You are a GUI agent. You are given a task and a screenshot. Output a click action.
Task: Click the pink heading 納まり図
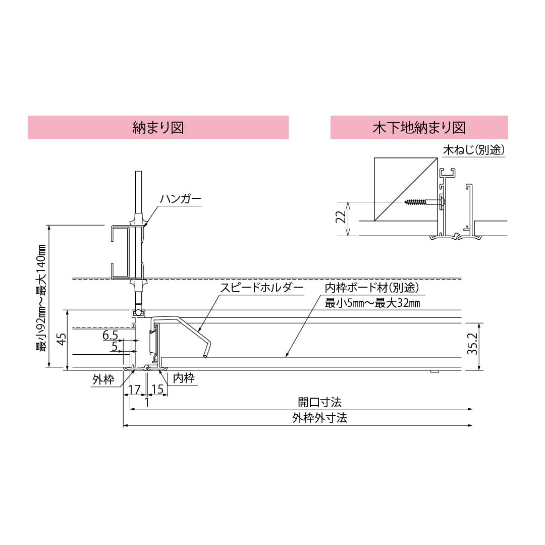coord(158,127)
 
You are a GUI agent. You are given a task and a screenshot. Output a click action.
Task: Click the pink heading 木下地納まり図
coord(418,127)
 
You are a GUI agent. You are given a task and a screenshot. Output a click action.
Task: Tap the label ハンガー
coord(181,199)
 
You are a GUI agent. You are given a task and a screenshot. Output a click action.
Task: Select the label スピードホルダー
coord(261,288)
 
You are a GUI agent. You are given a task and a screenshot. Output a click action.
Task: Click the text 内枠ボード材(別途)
coord(371,288)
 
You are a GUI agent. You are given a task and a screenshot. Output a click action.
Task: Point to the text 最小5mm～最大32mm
coord(372,303)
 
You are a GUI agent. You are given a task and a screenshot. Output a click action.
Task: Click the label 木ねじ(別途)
coord(474,150)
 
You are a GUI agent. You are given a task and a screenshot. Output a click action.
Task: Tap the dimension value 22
coord(341,217)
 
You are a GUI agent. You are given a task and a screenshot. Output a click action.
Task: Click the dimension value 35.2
coord(472,345)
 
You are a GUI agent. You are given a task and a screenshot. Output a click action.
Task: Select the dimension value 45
coord(61,339)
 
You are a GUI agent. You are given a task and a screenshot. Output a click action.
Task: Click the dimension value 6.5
coord(111,336)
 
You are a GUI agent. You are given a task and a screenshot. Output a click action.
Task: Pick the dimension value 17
coord(134,390)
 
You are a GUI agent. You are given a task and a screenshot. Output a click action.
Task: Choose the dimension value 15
coord(157,390)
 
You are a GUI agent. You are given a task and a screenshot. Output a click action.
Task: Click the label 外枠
coord(103,380)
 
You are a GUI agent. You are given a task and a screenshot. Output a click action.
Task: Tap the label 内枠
coord(184,378)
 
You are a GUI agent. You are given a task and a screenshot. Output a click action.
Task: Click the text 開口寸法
coord(319,402)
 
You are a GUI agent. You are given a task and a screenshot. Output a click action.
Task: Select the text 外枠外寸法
coord(319,418)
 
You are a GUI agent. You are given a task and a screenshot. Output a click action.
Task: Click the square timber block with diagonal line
coord(405,189)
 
